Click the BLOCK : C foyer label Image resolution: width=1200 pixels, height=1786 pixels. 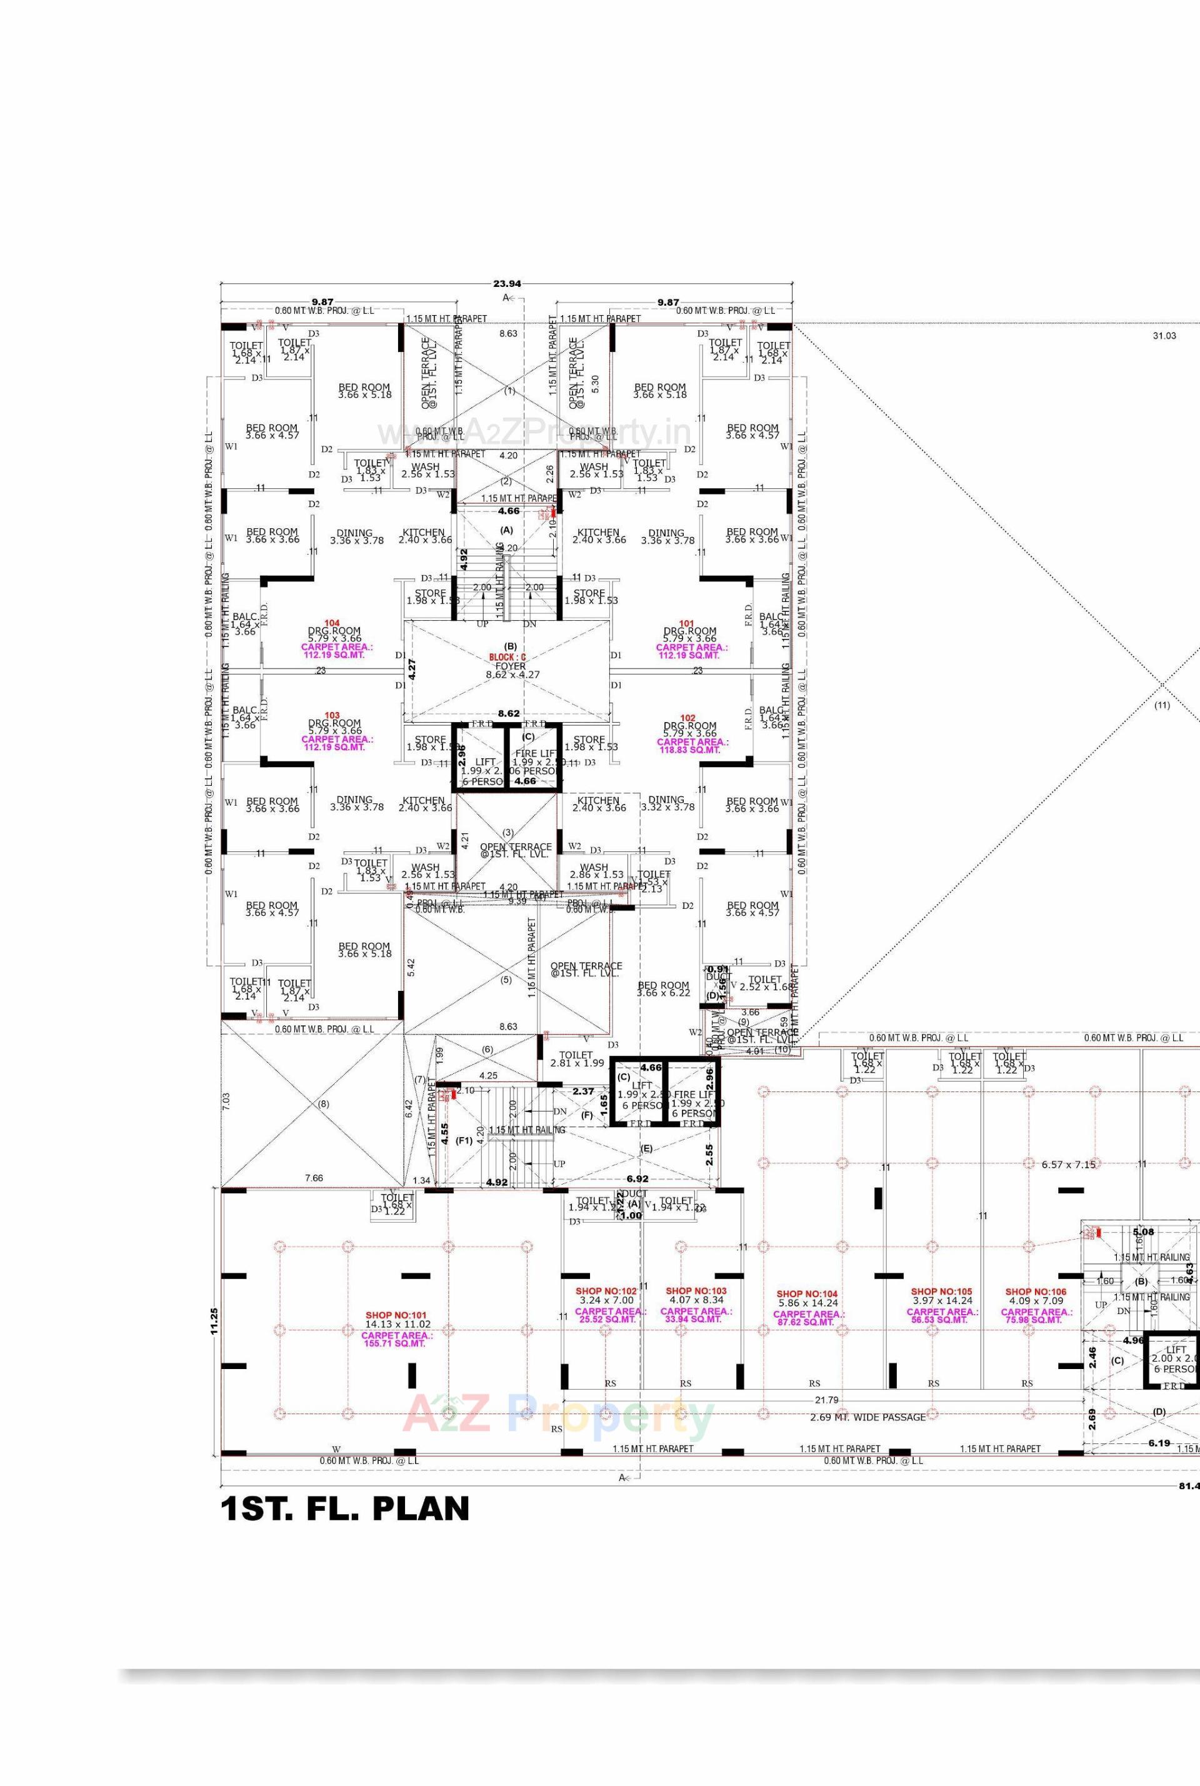(x=508, y=658)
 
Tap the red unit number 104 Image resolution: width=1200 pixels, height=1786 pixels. (x=331, y=623)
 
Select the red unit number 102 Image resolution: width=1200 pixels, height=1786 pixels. (x=687, y=718)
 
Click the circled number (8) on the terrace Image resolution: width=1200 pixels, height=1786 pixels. (x=323, y=1104)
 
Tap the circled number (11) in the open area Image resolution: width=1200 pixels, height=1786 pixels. (x=1162, y=705)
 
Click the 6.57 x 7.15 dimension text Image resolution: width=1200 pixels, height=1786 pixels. (x=1068, y=1165)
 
